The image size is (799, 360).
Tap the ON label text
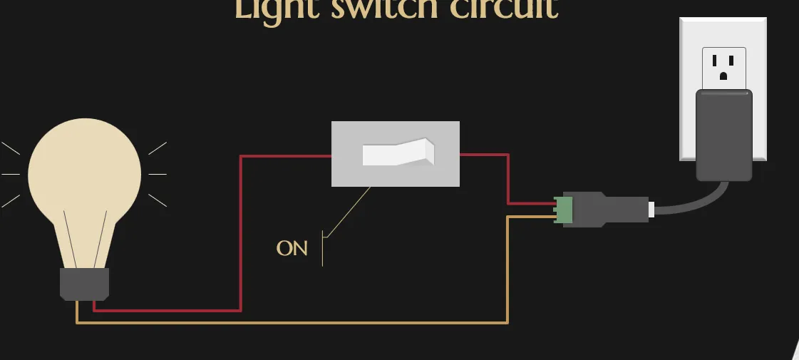(x=292, y=249)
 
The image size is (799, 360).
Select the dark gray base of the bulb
(x=84, y=283)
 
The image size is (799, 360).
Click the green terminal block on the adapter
(x=565, y=210)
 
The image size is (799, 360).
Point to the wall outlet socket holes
(x=723, y=66)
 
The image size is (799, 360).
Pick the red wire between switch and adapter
(x=507, y=178)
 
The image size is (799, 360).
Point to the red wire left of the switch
(x=242, y=228)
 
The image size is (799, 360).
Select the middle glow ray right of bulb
(x=157, y=174)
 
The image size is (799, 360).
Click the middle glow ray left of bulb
(x=11, y=174)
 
